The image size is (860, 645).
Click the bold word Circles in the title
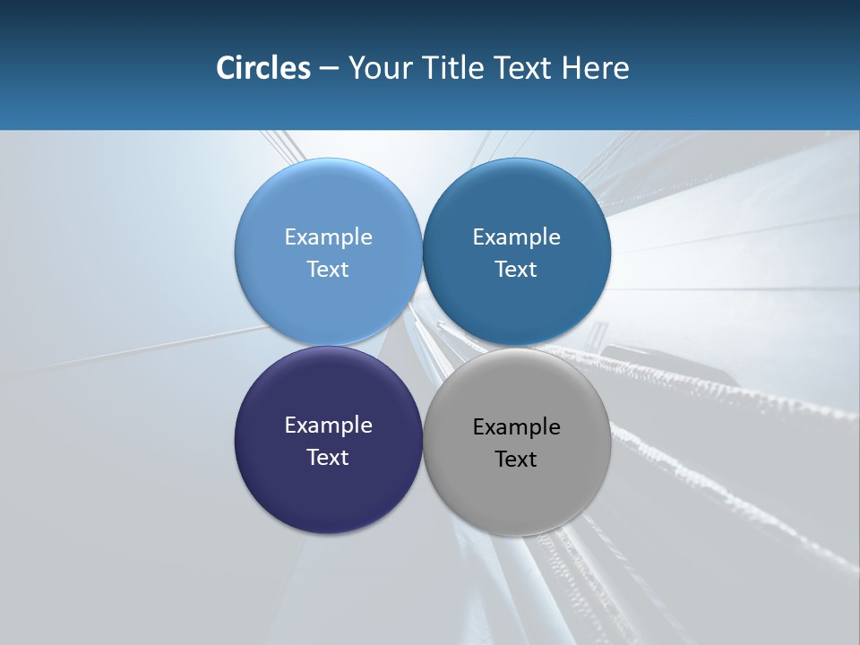(x=262, y=68)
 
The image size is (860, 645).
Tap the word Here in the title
(x=595, y=68)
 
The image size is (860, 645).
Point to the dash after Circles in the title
(x=329, y=69)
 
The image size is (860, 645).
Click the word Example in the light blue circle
(x=328, y=236)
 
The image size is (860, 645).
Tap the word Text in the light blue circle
(x=328, y=269)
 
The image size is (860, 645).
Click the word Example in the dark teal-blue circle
(x=516, y=236)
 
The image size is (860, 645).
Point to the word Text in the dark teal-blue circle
(x=516, y=269)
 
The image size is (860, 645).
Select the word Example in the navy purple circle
(x=328, y=425)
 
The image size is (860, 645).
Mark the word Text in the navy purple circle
(x=328, y=457)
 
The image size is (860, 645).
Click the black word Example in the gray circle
(x=516, y=426)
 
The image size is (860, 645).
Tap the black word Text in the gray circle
(x=516, y=459)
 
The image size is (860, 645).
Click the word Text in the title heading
(x=524, y=68)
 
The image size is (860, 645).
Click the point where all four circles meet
(x=422, y=346)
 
